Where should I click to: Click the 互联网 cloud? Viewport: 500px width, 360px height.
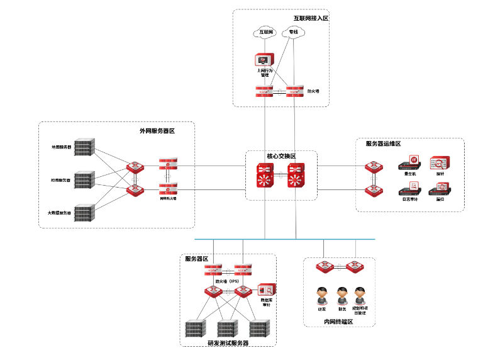click(x=265, y=32)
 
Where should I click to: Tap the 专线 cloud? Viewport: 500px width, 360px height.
click(x=294, y=32)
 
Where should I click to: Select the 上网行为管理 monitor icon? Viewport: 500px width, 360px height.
click(x=264, y=60)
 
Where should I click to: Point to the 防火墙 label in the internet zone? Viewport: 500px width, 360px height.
click(x=313, y=91)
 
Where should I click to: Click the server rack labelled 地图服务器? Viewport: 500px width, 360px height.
click(x=83, y=147)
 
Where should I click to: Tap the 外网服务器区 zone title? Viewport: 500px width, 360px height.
click(x=157, y=131)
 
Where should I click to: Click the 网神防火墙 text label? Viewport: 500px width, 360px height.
click(x=168, y=198)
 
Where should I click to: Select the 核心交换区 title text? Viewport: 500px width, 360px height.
click(x=281, y=156)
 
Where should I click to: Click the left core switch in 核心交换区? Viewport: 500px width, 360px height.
click(x=265, y=177)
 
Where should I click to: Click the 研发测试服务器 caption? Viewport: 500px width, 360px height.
click(x=228, y=343)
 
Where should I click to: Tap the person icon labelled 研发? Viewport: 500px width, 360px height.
click(x=322, y=295)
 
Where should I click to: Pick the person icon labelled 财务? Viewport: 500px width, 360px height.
click(x=342, y=295)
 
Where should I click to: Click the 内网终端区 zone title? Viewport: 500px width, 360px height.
click(x=338, y=322)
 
